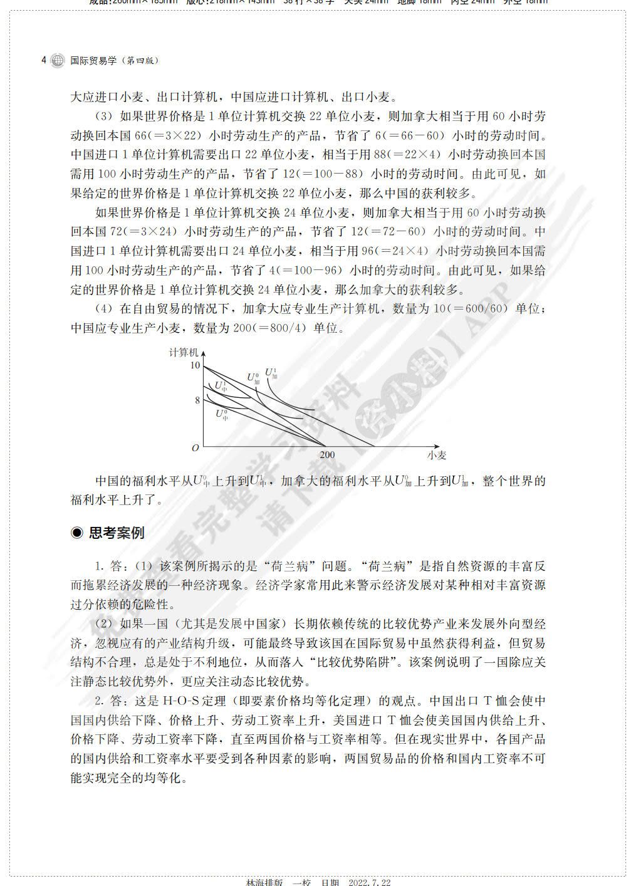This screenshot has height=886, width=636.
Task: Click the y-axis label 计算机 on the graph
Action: (184, 352)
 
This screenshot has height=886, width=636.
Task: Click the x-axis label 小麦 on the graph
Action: (437, 456)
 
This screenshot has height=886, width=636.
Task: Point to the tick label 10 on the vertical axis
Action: (195, 366)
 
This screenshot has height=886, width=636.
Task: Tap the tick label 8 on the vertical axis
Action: (197, 400)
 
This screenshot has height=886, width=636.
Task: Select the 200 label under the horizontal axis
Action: (327, 456)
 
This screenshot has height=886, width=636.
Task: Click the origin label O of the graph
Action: (195, 448)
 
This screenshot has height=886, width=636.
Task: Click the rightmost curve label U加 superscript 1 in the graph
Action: (271, 373)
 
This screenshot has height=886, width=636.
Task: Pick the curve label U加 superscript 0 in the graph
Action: (253, 378)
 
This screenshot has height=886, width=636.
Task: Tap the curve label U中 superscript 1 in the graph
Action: (221, 386)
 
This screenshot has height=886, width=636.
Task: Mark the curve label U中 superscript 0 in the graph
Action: (221, 414)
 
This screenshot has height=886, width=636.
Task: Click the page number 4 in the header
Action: (43, 61)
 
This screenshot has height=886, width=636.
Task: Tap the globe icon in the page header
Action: (57, 61)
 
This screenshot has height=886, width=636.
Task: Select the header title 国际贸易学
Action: (93, 61)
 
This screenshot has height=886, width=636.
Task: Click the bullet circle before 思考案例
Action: (77, 533)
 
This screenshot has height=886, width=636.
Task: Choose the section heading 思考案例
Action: (117, 533)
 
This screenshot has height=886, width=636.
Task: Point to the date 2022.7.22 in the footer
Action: (370, 882)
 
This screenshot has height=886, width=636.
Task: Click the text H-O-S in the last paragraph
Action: (179, 701)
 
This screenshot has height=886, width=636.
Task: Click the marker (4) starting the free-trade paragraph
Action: (103, 309)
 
